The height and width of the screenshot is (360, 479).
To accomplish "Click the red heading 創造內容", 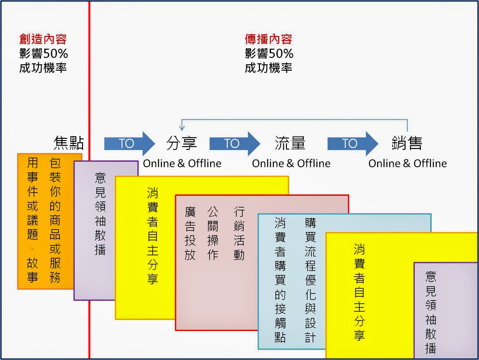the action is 43,39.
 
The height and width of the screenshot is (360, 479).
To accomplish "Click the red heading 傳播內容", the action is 268,39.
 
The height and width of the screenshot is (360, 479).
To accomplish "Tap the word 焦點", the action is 69,143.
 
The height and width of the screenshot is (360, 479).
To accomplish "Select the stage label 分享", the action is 182,143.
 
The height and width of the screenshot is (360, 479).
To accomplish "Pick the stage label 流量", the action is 290,143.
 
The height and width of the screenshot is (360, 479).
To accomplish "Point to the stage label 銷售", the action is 407,143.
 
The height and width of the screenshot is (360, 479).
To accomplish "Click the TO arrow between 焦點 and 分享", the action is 129,144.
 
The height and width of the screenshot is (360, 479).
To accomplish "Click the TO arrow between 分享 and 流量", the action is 234,144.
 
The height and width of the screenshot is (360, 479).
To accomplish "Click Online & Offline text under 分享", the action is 182,164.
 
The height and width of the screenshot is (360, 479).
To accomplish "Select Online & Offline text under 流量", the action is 291,164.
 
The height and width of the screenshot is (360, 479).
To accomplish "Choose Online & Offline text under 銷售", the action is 407,164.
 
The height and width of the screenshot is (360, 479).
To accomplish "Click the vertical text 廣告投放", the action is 190,234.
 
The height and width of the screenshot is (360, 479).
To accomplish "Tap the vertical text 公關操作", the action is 213,234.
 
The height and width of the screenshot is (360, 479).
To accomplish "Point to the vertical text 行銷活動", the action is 239,234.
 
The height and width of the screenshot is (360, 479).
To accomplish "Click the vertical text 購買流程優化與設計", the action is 310,280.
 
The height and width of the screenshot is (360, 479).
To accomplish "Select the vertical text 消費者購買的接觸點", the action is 280,280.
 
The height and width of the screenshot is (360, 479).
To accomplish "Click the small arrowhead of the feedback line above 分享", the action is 182,128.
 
